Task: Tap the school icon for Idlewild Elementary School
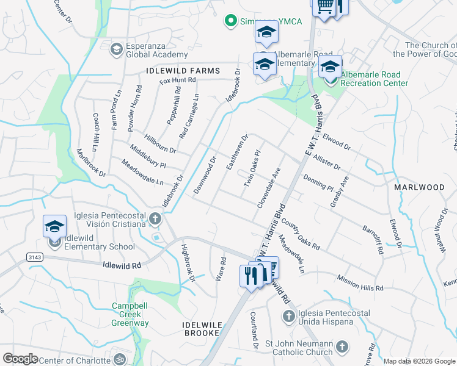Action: tap(54, 226)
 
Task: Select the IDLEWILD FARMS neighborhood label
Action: tap(183, 71)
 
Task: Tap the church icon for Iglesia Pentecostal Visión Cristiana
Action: tap(155, 218)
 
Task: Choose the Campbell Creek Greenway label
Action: tap(130, 314)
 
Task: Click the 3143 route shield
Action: tap(35, 258)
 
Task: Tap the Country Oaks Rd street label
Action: tap(301, 235)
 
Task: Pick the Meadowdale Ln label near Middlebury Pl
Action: tap(143, 173)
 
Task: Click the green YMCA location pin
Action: tap(230, 21)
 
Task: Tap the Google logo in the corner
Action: tap(21, 358)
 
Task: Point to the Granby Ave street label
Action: tap(338, 192)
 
